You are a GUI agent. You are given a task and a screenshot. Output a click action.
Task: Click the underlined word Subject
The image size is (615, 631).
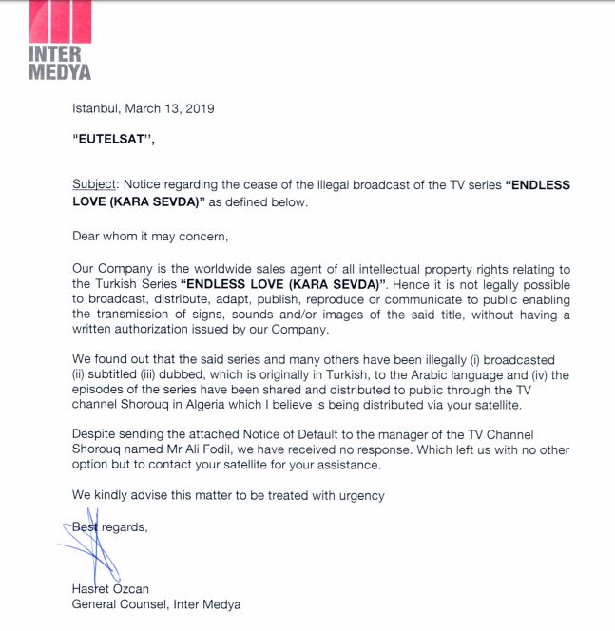click(93, 185)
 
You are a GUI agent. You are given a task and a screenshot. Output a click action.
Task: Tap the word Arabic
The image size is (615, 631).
click(431, 374)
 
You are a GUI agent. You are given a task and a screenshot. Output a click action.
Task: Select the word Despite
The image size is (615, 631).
click(96, 434)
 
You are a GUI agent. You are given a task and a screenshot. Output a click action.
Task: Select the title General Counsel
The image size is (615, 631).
click(120, 603)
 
